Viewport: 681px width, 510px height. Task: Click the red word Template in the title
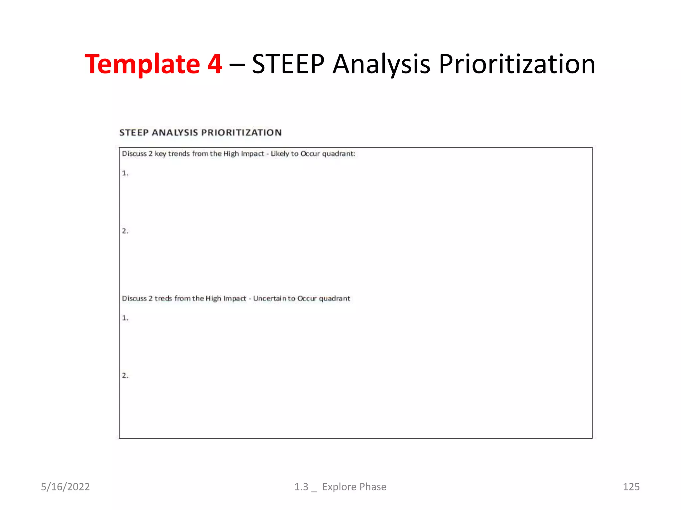(142, 64)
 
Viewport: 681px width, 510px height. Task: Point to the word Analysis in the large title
(381, 64)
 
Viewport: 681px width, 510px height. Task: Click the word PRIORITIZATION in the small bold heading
(241, 132)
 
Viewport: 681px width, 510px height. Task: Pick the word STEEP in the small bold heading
(134, 132)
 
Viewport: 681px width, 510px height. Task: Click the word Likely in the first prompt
(280, 154)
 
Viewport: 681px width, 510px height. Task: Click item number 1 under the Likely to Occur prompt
(125, 173)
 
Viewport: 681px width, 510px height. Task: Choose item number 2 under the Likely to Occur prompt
(125, 231)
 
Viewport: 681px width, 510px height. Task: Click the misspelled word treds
(163, 298)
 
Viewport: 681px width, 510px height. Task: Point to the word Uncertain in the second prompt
(270, 298)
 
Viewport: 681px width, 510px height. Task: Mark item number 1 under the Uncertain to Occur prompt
(125, 318)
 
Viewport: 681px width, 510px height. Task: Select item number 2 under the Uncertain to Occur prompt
(125, 376)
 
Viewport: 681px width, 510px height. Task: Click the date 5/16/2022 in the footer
(65, 487)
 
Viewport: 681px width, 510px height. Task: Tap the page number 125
(631, 487)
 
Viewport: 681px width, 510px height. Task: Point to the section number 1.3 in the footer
(301, 487)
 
